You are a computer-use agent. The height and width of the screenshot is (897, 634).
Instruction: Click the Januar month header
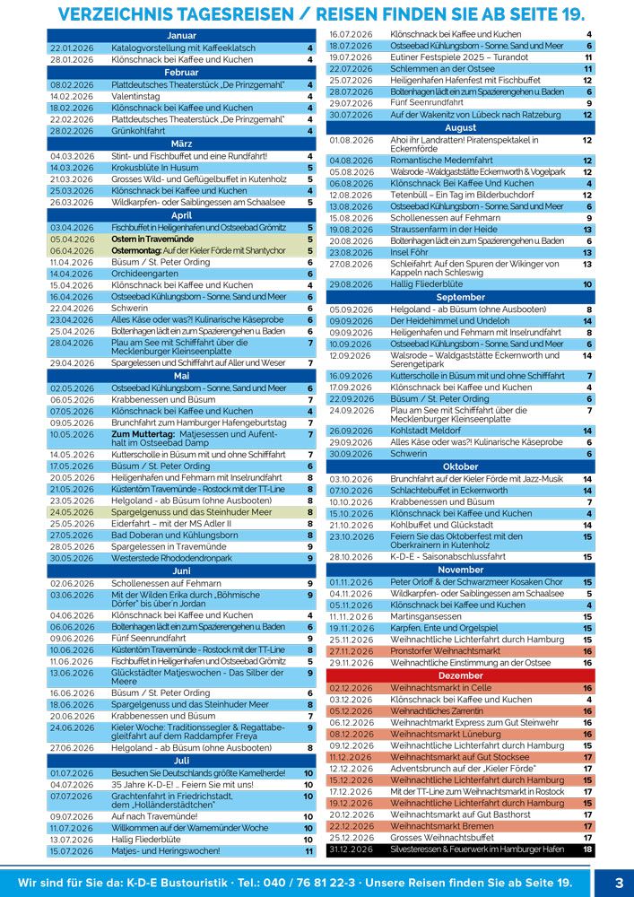pos(181,34)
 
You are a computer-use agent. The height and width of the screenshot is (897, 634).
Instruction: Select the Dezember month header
pos(461,675)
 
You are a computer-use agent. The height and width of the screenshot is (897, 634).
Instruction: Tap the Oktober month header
pos(461,467)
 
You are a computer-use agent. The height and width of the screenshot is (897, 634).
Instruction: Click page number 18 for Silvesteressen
pos(587,849)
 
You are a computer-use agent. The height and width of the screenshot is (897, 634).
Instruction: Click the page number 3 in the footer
pos(618,882)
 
